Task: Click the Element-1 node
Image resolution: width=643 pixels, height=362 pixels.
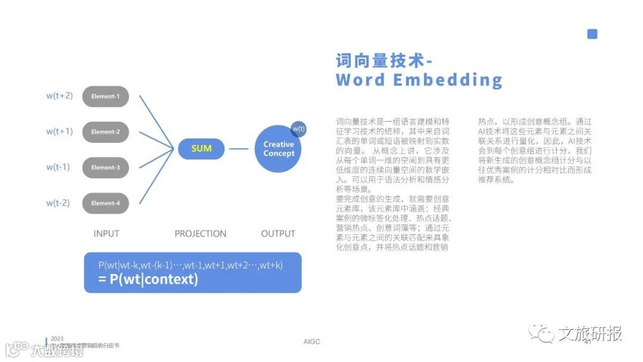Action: click(105, 96)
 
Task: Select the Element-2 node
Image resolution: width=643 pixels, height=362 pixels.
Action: click(105, 132)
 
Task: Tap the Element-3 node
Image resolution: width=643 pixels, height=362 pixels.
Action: click(105, 168)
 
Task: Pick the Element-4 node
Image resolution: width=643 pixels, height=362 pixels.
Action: click(105, 204)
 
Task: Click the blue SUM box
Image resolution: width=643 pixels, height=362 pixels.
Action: click(201, 148)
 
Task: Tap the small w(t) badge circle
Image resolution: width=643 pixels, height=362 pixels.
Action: click(298, 129)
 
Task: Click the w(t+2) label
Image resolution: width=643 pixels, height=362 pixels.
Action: click(60, 95)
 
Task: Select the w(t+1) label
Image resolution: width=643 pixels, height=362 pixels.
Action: click(60, 131)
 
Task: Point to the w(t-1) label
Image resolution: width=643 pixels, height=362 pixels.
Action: click(58, 167)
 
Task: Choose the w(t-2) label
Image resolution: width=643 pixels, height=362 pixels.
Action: click(58, 203)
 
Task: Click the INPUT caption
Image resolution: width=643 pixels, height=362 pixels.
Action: click(106, 234)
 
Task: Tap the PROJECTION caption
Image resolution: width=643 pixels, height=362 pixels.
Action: click(201, 234)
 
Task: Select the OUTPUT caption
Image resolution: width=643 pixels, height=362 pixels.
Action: click(278, 234)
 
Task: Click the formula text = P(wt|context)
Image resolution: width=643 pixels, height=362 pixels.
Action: click(148, 279)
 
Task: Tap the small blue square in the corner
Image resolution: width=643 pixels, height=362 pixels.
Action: click(592, 34)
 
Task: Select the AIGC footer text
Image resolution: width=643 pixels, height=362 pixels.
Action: click(311, 342)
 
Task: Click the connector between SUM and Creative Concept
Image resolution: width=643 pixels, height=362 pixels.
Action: click(238, 149)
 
